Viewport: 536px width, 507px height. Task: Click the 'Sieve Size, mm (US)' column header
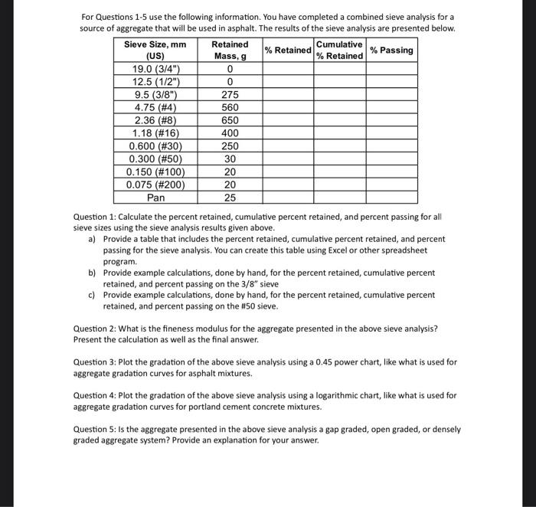coord(155,51)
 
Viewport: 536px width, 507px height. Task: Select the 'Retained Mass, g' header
coord(230,51)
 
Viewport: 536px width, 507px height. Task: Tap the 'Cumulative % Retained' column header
coord(339,51)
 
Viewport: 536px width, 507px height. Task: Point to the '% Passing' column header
coord(391,51)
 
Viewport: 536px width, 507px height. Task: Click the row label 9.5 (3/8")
coord(155,95)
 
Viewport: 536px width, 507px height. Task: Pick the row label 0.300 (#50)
coord(155,159)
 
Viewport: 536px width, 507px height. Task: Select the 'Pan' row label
coord(155,198)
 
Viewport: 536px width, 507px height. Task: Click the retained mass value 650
coord(230,120)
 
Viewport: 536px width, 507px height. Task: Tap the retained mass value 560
coord(230,108)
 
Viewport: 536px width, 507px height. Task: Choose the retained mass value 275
coord(230,95)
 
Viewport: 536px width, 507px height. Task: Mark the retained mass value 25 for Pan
coord(230,198)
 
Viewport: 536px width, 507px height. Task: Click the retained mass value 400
coord(230,133)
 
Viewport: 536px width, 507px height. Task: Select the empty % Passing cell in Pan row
coord(391,198)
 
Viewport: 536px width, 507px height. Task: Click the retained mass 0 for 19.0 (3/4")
coord(230,69)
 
